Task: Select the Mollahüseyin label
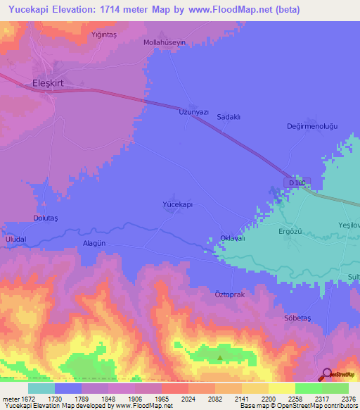pos(165,42)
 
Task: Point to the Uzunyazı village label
pos(194,112)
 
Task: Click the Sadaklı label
pos(229,117)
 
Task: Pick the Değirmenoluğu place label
pos(313,125)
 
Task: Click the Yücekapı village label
pos(178,204)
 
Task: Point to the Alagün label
pos(94,242)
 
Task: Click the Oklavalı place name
pos(233,238)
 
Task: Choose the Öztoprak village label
pos(229,294)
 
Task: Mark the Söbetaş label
pos(297,318)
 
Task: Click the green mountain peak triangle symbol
pos(219,358)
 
